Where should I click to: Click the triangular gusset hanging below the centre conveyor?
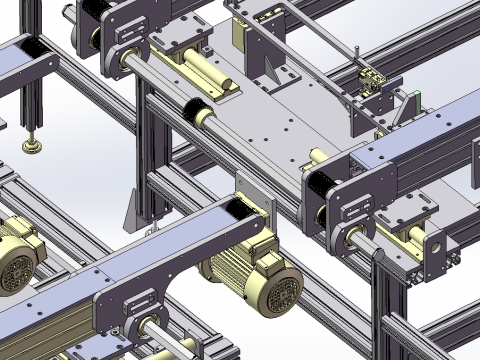pyautogui.click(x=130, y=211)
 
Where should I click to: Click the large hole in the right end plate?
pyautogui.click(x=437, y=243)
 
